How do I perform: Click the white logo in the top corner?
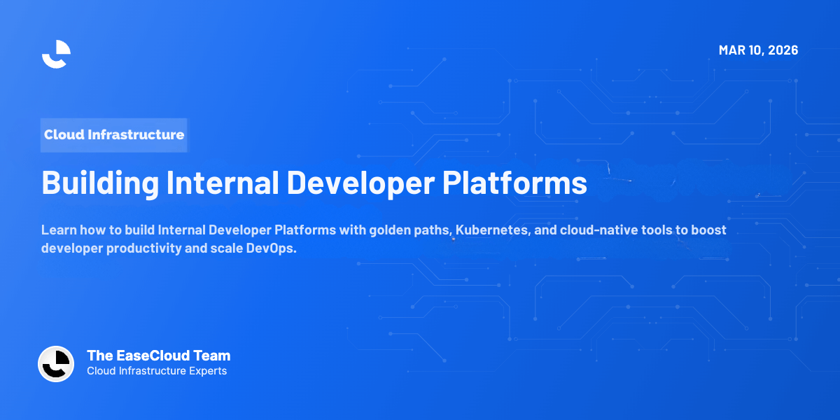tap(56, 54)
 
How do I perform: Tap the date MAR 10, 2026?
tap(758, 50)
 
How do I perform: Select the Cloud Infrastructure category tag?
tap(114, 134)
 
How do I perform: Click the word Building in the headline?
tap(99, 183)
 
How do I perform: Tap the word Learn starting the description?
tap(59, 230)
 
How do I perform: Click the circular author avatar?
tap(56, 364)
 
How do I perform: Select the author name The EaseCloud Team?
tap(158, 356)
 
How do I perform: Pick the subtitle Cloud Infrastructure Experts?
tap(157, 371)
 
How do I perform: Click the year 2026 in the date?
tap(781, 50)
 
